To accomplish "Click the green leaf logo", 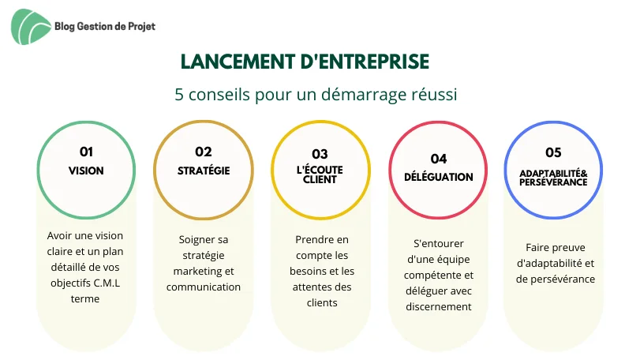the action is pyautogui.click(x=30, y=27).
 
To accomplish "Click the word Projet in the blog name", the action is pyautogui.click(x=141, y=27).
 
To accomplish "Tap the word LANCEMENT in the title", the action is pyautogui.click(x=238, y=62).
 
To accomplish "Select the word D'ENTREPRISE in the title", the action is pyautogui.click(x=365, y=62).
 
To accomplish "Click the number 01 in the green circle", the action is pyautogui.click(x=86, y=152).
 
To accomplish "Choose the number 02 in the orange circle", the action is pyautogui.click(x=204, y=152).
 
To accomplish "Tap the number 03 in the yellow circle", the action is pyautogui.click(x=320, y=154).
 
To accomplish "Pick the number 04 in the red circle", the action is pyautogui.click(x=439, y=159).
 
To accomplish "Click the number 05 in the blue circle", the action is pyautogui.click(x=553, y=152).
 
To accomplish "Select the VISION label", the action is pyautogui.click(x=86, y=171).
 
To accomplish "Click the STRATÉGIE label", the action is pyautogui.click(x=204, y=171).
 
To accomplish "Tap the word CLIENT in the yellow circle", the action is pyautogui.click(x=320, y=179).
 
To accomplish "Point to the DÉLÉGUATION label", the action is pyautogui.click(x=439, y=177).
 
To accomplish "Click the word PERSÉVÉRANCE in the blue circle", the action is pyautogui.click(x=553, y=182).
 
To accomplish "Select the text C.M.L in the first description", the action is pyautogui.click(x=107, y=283).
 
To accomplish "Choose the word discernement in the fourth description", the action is pyautogui.click(x=439, y=307).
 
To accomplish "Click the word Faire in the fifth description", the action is pyautogui.click(x=537, y=248).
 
